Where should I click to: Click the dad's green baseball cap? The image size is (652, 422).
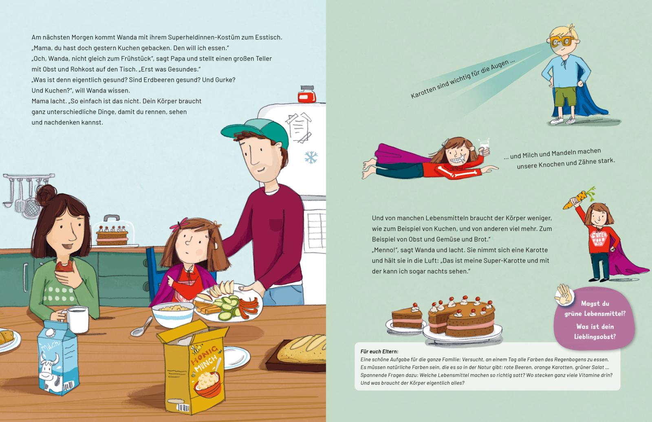256,132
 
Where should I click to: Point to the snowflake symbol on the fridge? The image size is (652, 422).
311,157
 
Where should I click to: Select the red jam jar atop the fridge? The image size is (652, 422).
307,94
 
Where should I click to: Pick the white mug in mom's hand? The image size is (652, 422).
77,320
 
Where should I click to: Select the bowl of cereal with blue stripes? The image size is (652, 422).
173,314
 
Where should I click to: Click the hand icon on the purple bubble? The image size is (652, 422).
564,295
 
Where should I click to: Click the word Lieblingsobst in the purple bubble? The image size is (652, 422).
595,337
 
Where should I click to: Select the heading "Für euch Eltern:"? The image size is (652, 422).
379,352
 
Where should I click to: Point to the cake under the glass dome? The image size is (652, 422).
112,236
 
